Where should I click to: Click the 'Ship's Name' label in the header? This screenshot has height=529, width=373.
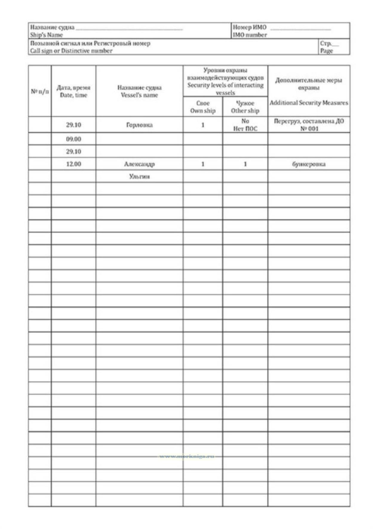[x=46, y=35]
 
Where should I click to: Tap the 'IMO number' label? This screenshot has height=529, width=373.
[x=250, y=35]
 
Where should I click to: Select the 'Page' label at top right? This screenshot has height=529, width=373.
[x=326, y=51]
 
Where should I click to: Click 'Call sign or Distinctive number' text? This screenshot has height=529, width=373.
[x=71, y=51]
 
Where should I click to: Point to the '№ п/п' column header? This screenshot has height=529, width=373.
[x=40, y=91]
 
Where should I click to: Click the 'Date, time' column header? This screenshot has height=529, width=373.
[x=73, y=95]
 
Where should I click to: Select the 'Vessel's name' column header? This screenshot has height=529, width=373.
[x=139, y=95]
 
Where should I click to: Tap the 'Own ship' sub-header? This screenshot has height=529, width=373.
[x=203, y=110]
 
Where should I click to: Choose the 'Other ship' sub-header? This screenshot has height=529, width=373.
[x=245, y=110]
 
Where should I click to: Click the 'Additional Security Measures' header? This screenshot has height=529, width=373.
[x=309, y=103]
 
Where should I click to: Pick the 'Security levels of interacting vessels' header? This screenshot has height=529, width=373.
[x=225, y=85]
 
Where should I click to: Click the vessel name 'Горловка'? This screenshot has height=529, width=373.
[x=139, y=125]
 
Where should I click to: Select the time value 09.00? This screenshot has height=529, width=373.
[x=73, y=139]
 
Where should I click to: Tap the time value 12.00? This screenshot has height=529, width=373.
[x=73, y=164]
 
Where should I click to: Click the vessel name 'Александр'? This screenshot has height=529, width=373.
[x=139, y=164]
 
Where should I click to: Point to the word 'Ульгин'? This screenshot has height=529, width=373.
[x=139, y=176]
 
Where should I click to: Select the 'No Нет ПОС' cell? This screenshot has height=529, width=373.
[x=245, y=125]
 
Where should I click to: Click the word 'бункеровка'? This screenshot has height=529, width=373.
[x=309, y=164]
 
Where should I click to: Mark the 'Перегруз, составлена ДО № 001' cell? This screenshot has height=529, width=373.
[x=309, y=125]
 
